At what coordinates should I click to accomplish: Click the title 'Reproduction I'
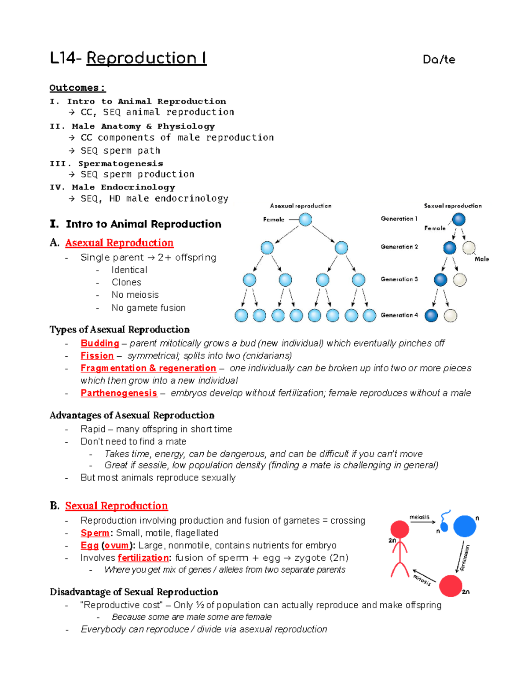point(146,59)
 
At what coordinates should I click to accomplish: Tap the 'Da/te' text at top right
point(439,59)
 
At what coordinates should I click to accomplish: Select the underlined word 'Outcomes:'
point(77,88)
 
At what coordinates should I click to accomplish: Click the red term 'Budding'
point(100,343)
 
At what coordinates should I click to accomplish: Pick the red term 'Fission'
point(97,355)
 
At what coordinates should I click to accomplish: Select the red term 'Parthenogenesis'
point(119,393)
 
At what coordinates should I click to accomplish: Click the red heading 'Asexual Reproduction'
point(119,243)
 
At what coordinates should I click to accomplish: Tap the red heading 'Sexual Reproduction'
point(117,506)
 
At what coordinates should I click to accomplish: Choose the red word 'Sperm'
point(95,533)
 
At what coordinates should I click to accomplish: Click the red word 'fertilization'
point(143,558)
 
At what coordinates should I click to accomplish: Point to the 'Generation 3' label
point(399,279)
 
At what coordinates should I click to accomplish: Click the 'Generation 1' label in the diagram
point(399,219)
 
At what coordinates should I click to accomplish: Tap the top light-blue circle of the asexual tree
point(305,219)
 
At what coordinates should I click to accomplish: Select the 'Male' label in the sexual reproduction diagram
point(482,259)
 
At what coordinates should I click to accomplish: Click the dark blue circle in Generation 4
point(431,315)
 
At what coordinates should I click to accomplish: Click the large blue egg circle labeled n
point(465,526)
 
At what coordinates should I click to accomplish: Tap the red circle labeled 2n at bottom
point(451,586)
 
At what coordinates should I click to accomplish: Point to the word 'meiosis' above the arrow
point(419,517)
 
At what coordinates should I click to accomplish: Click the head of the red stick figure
point(400,529)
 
